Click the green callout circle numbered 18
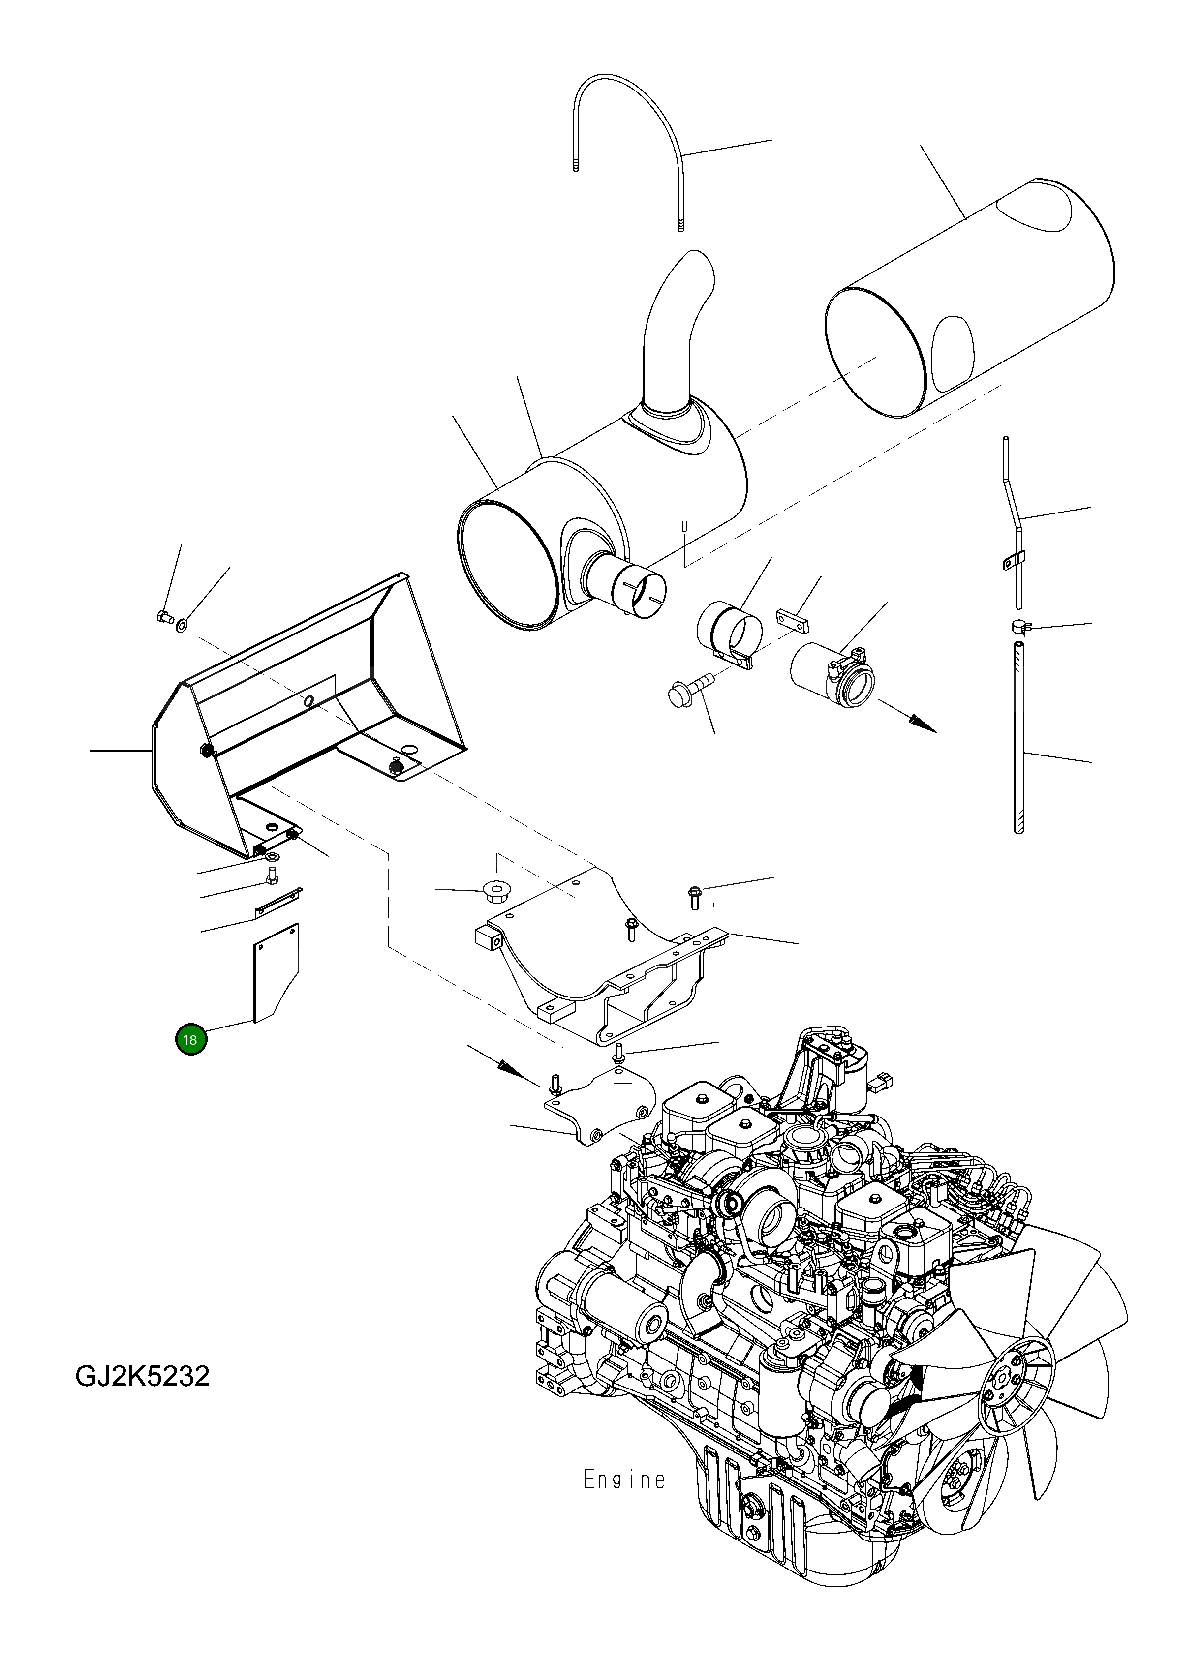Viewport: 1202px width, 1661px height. pyautogui.click(x=190, y=1039)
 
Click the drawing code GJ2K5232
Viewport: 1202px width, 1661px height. pyautogui.click(x=142, y=1376)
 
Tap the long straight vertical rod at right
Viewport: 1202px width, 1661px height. pyautogui.click(x=1018, y=732)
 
